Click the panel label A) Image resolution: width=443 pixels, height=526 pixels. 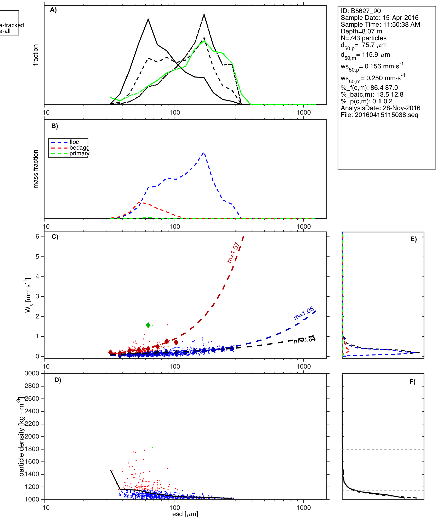(53, 10)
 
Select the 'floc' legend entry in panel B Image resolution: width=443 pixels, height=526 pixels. (74, 142)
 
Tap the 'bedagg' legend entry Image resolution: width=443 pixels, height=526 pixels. (79, 148)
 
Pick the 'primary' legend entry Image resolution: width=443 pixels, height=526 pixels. (79, 153)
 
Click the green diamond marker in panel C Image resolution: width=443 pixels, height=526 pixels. (148, 325)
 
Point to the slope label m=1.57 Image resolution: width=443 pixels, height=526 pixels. (233, 252)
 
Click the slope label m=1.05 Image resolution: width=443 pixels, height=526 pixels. (304, 313)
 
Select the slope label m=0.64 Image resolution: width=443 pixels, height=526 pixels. (305, 340)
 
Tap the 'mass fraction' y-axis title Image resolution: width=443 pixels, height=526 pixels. (36, 169)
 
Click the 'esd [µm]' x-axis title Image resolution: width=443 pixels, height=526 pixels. (185, 514)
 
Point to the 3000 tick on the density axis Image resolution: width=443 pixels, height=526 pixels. (32, 373)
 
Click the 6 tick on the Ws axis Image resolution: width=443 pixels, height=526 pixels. (38, 237)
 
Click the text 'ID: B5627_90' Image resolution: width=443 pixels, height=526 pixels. (361, 11)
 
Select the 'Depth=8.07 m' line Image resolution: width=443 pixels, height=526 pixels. (361, 31)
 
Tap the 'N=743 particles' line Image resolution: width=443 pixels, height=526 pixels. (364, 38)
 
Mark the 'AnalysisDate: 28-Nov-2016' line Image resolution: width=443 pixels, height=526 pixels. (380, 108)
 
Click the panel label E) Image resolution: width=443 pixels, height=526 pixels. (413, 239)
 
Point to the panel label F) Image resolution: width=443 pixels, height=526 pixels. (412, 382)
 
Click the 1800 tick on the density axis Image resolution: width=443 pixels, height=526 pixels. (32, 449)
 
